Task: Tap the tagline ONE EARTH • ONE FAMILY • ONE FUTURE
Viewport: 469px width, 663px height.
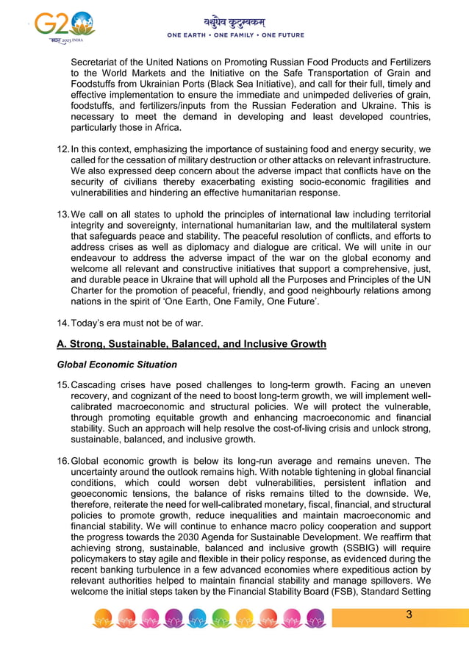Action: [x=235, y=35]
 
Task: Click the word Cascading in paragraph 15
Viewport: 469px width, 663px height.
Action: [x=98, y=384]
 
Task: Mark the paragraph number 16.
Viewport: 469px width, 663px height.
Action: [x=63, y=462]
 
